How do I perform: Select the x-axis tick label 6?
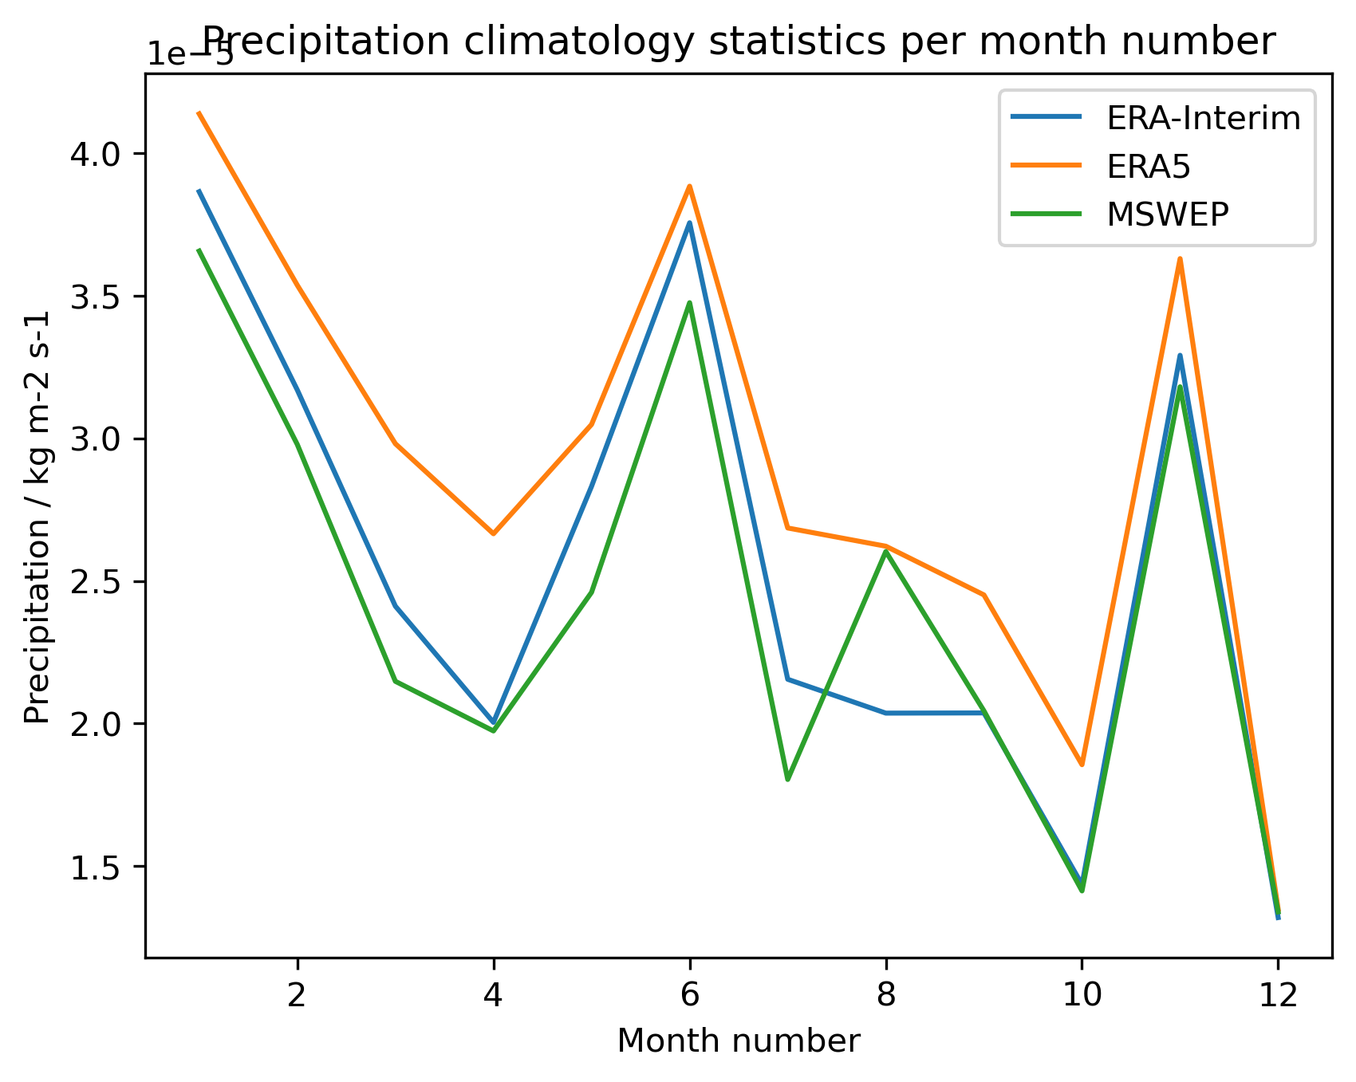pos(690,995)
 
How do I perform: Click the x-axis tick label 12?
pos(1278,995)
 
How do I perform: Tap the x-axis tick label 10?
pos(1082,995)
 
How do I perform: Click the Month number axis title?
pos(739,1041)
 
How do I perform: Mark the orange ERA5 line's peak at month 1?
pos(199,113)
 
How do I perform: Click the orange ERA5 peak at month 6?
pos(690,186)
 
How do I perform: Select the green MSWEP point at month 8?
pos(886,552)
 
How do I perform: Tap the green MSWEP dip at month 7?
pos(787,779)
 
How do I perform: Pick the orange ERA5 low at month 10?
pos(1082,765)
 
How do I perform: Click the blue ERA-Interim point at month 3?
pos(395,606)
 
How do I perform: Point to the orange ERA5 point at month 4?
pos(494,533)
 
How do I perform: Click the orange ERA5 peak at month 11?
pos(1180,259)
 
